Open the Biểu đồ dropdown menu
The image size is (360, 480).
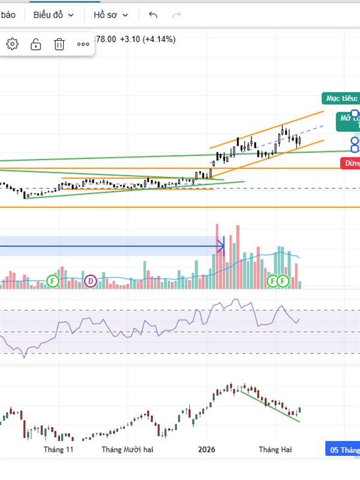coord(53,14)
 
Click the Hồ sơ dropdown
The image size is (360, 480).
coord(113,14)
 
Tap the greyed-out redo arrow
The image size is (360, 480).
coord(176,14)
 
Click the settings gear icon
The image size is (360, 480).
coord(13,44)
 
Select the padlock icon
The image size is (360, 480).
coord(36,44)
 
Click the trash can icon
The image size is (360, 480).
coord(59,44)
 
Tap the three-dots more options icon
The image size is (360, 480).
coord(83,44)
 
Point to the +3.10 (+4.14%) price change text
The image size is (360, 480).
coord(148,39)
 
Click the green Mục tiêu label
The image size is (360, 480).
coord(341,98)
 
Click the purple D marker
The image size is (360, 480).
coord(91,280)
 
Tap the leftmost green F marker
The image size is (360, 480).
coord(53,280)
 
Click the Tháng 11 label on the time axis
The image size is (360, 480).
coord(58,449)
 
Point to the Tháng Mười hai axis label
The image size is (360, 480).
coord(127,449)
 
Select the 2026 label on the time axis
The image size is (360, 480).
coord(206,449)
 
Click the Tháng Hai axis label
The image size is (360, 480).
coord(275,449)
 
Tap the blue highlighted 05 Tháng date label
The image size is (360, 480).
coord(343,449)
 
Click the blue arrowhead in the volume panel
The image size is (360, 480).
coord(221,245)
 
